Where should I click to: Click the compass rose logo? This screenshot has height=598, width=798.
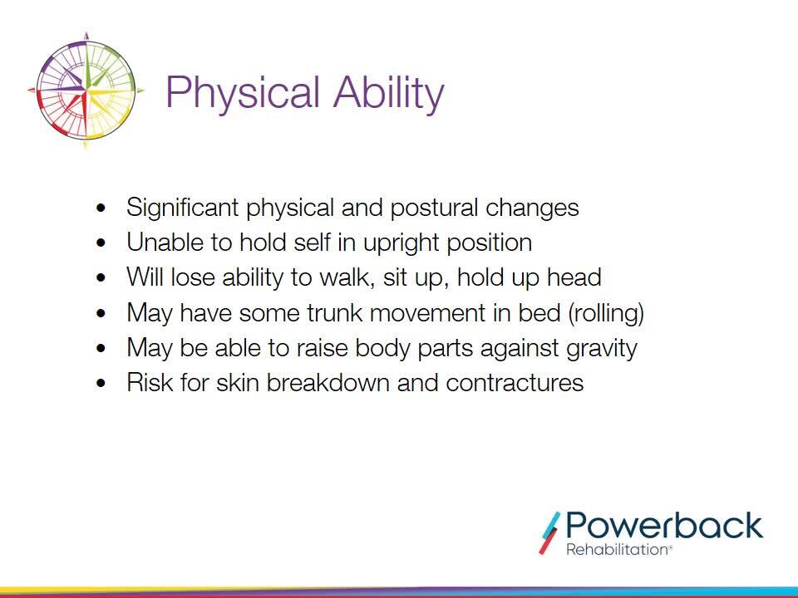coord(86,91)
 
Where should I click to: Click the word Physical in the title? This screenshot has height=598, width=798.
coord(244,93)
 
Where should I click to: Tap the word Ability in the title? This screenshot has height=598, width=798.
coord(389,93)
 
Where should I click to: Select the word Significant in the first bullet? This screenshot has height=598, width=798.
coord(183,208)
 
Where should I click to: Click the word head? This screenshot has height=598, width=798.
coord(574,277)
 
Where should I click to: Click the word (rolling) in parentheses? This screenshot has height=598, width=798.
coord(606,313)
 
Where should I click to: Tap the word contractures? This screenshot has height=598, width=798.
coord(515,382)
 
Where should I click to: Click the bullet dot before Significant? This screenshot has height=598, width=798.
coord(101,208)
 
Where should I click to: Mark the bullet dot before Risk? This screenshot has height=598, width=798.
coord(101,383)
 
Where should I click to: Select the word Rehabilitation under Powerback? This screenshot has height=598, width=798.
coord(618,550)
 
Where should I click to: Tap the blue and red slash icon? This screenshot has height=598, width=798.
coord(549,532)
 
